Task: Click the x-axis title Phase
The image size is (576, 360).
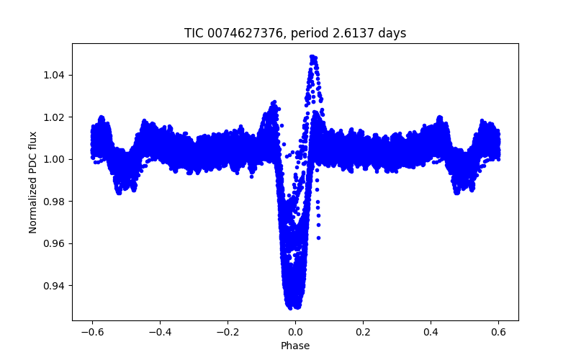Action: pyautogui.click(x=295, y=346)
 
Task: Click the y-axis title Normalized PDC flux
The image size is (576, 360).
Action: pyautogui.click(x=33, y=181)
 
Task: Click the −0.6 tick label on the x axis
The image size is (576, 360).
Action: pyautogui.click(x=92, y=331)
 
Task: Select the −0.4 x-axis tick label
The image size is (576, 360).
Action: pyautogui.click(x=160, y=331)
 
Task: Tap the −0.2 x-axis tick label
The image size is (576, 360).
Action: pyautogui.click(x=228, y=331)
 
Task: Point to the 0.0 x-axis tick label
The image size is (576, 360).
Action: pyautogui.click(x=295, y=331)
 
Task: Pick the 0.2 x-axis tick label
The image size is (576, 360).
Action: pyautogui.click(x=363, y=331)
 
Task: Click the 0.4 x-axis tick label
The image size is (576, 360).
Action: pyautogui.click(x=431, y=331)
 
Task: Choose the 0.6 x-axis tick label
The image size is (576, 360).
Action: pyautogui.click(x=498, y=331)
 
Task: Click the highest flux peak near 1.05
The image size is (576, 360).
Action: pyautogui.click(x=312, y=56)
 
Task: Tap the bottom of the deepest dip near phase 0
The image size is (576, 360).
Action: pyautogui.click(x=294, y=307)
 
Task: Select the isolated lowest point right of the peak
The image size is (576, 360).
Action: pyautogui.click(x=318, y=238)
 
